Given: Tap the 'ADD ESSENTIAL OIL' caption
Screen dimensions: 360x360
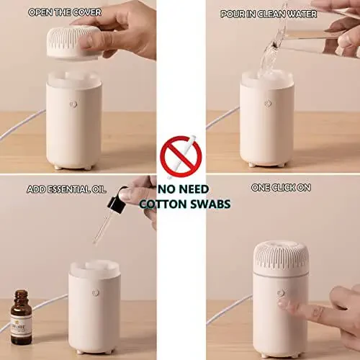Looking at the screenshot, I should (66, 189).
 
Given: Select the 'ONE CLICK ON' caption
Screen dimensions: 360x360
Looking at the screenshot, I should (280, 188).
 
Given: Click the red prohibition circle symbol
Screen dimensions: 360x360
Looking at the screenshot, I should (180, 156).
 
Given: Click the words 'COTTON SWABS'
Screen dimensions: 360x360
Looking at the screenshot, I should (185, 204).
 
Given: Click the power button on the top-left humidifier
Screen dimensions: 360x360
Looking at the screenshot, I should (73, 104).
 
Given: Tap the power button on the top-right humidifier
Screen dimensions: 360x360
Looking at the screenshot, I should (267, 104).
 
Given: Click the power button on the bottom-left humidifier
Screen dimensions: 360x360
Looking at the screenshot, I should (94, 294).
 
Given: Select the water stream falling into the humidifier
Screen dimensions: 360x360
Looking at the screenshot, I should (269, 54).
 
